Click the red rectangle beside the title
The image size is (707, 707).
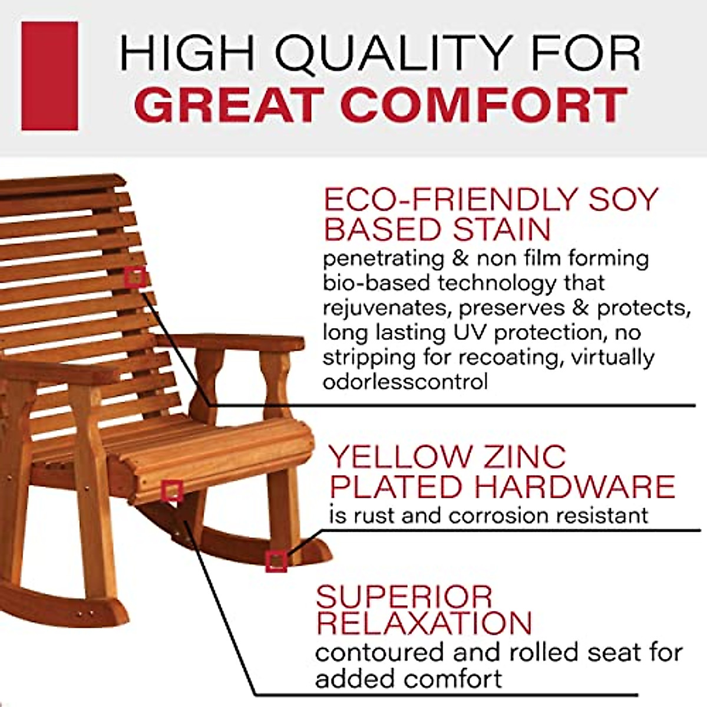[x=49, y=76]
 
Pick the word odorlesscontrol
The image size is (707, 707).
[x=405, y=382]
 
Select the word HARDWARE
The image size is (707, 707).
[x=574, y=487]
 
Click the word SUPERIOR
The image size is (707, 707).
[x=404, y=597]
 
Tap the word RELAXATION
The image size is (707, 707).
[x=424, y=623]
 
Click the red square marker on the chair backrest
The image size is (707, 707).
[x=135, y=277]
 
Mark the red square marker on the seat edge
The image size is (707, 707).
[x=172, y=490]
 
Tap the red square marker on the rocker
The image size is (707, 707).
[x=276, y=561]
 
